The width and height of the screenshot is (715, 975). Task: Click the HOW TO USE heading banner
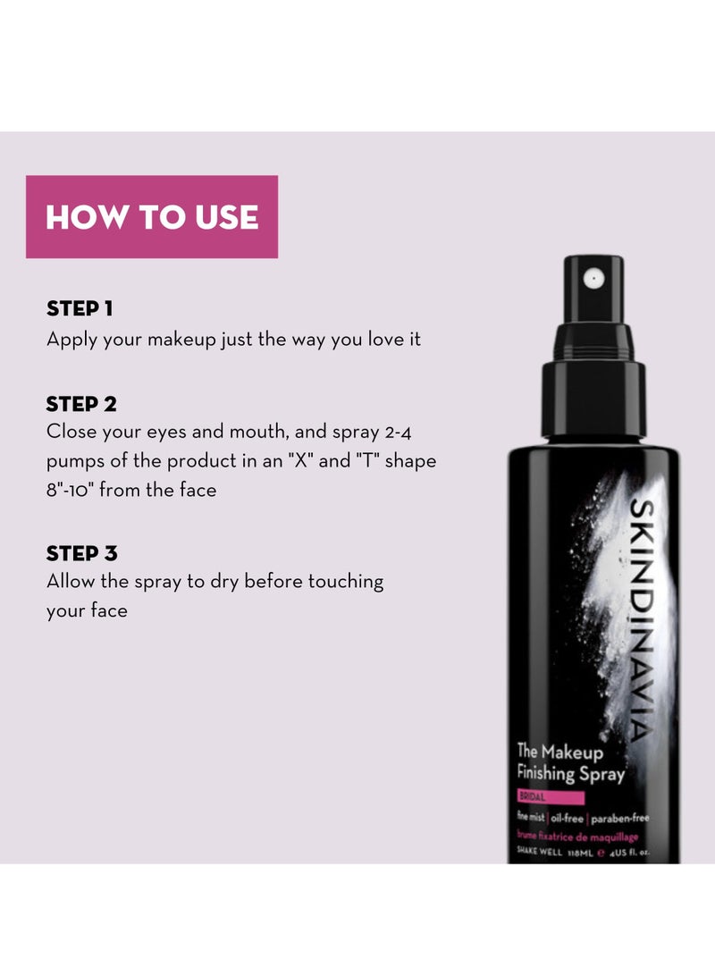(x=152, y=217)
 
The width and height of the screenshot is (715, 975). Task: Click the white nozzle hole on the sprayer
(x=591, y=279)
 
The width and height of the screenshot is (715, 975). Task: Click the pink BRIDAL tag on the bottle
(x=550, y=798)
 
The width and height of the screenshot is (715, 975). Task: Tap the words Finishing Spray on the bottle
(x=570, y=773)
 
